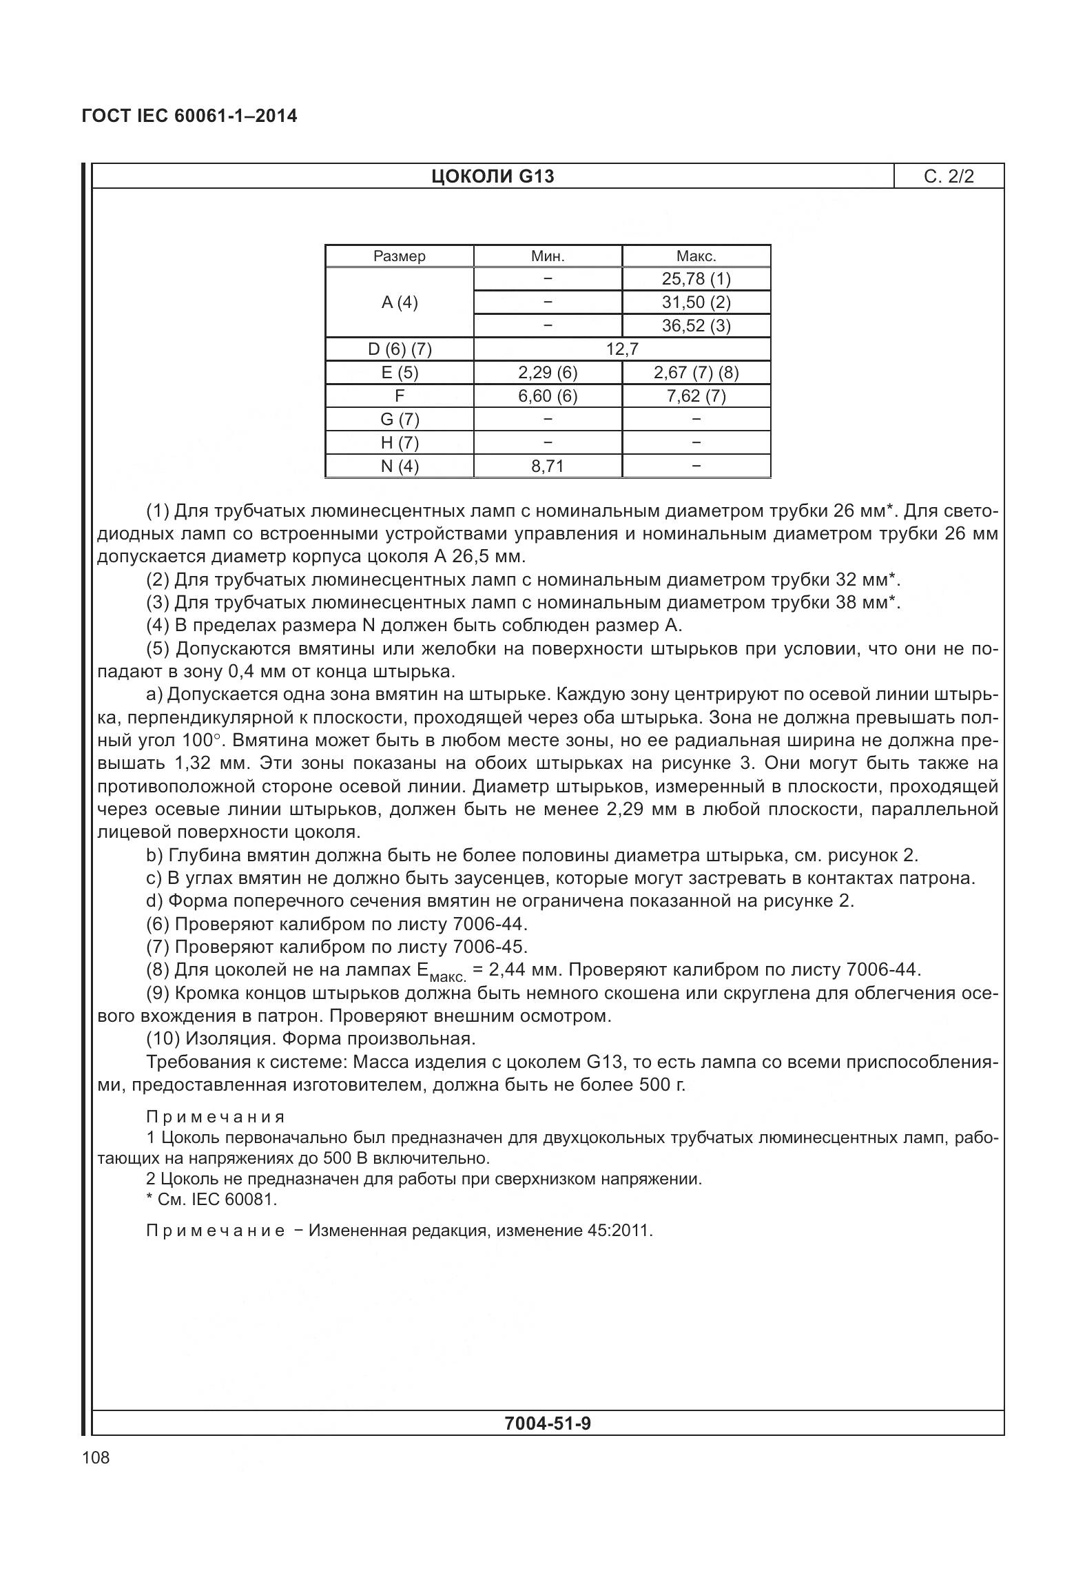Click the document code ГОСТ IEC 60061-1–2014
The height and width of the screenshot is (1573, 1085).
point(189,116)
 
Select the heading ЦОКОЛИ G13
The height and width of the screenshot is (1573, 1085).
point(493,177)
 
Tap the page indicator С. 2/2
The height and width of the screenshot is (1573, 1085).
point(949,177)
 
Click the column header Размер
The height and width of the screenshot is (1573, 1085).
point(399,256)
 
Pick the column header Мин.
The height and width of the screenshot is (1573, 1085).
point(548,256)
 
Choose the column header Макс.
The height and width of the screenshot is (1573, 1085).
point(696,256)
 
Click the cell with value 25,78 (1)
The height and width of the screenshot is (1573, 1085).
point(696,279)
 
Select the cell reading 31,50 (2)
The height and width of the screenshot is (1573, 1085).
point(696,302)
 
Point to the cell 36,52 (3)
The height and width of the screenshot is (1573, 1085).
point(696,326)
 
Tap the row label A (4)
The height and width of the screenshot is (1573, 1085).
point(399,302)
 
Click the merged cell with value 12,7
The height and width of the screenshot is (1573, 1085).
point(621,349)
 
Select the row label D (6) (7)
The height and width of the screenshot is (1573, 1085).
point(399,349)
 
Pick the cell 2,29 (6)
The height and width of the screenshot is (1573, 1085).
point(548,373)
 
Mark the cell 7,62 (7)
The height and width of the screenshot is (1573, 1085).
point(696,396)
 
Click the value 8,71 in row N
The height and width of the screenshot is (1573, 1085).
point(548,466)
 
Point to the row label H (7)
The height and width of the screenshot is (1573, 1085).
point(399,443)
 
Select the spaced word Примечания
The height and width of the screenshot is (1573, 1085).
point(216,1117)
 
